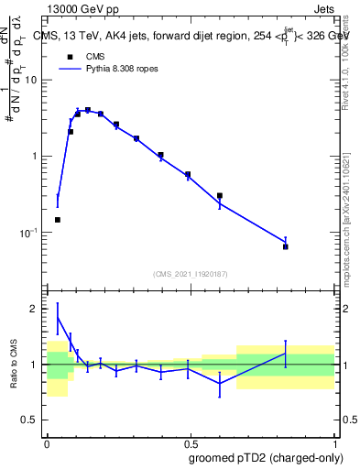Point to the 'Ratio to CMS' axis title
(x=13, y=365)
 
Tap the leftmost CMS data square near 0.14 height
(x=58, y=220)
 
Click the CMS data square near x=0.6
(x=220, y=195)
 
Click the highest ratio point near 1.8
(x=58, y=318)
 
